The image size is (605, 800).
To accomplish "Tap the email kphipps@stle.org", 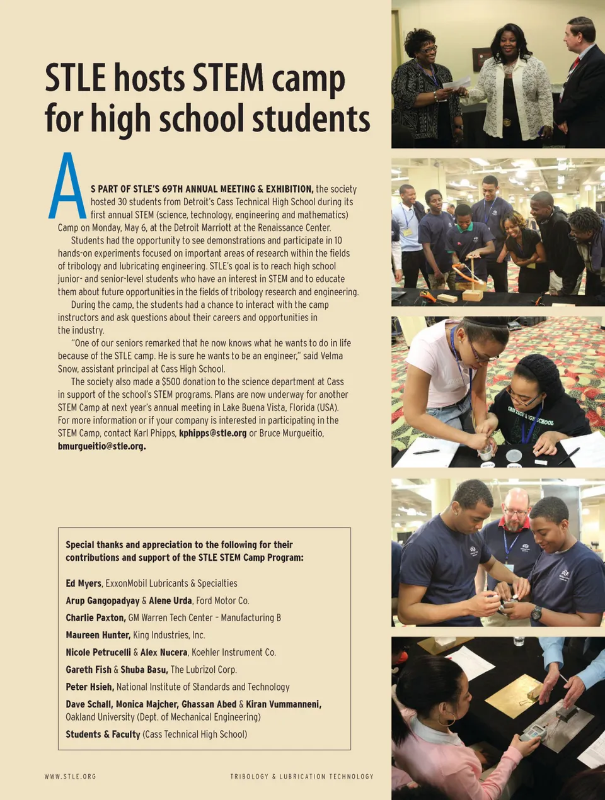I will [212, 433].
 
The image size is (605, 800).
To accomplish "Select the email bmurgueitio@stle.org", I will [101, 446].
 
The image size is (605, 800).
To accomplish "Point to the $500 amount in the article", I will [171, 381].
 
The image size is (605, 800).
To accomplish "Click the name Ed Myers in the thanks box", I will [83, 583].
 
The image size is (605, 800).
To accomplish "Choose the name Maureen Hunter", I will [98, 635].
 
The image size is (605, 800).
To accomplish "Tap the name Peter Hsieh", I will [89, 687].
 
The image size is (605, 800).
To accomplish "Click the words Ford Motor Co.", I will [222, 600].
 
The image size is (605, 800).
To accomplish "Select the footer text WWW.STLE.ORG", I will [70, 777].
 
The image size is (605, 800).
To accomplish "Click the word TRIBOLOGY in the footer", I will [249, 777].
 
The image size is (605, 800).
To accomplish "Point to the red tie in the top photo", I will [575, 64].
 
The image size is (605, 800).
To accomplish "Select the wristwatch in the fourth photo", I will [536, 612].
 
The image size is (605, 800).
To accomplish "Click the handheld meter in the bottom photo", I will [533, 733].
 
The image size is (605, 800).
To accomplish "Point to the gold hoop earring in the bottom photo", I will [451, 721].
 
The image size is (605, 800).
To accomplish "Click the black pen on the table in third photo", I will [426, 451].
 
